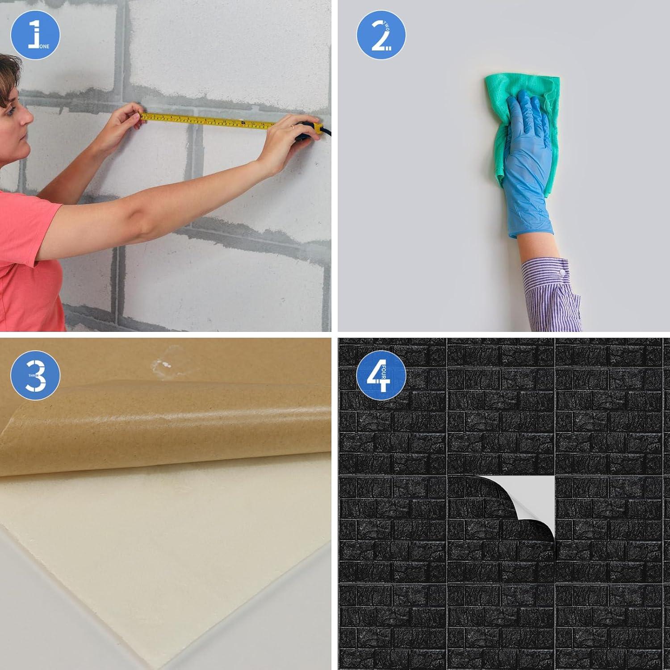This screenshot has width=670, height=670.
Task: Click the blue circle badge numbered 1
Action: tap(35, 35)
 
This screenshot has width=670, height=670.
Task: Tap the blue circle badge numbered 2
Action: tap(381, 35)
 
